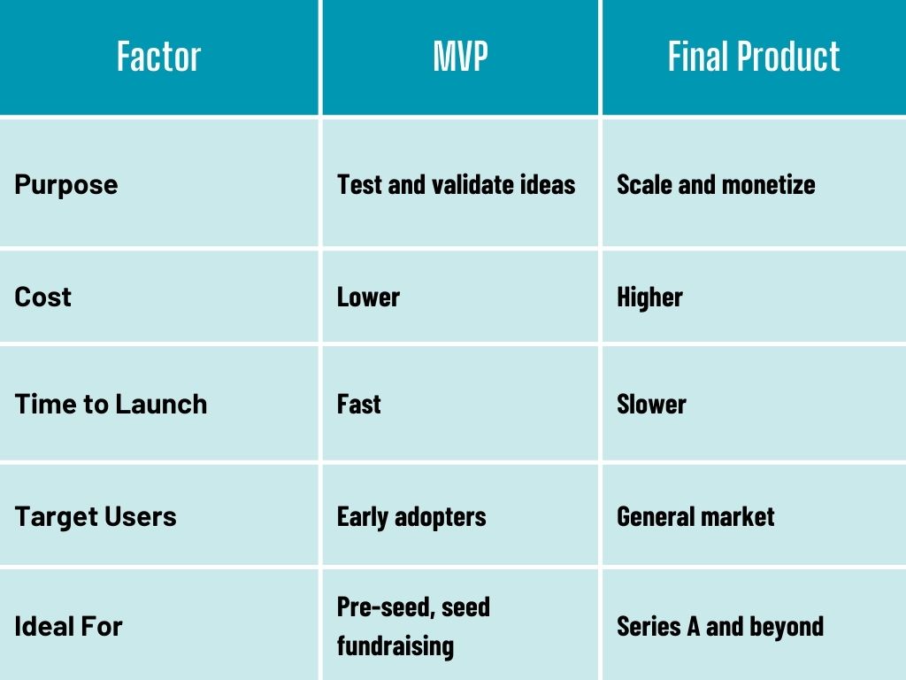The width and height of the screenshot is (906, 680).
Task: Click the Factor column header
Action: click(159, 57)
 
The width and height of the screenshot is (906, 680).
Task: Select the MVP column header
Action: click(460, 57)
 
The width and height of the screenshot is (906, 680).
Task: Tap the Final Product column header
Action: click(754, 57)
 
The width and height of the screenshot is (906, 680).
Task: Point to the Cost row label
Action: click(42, 297)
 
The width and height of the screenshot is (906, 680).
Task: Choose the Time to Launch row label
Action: click(111, 404)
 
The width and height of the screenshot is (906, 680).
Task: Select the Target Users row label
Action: click(96, 517)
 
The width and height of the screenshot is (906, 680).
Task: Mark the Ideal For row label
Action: click(68, 627)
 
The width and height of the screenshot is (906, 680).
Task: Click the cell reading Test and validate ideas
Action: click(457, 185)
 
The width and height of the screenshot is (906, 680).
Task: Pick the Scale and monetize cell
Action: click(716, 185)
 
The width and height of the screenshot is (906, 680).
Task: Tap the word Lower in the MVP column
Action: click(368, 297)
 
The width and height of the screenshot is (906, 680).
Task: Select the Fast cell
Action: click(359, 404)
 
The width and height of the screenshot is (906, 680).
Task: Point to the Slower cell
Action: click(652, 404)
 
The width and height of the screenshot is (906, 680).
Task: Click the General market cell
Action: click(695, 517)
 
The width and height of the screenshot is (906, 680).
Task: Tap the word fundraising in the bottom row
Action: click(395, 646)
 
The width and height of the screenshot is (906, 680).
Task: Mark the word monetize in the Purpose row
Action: click(769, 185)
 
